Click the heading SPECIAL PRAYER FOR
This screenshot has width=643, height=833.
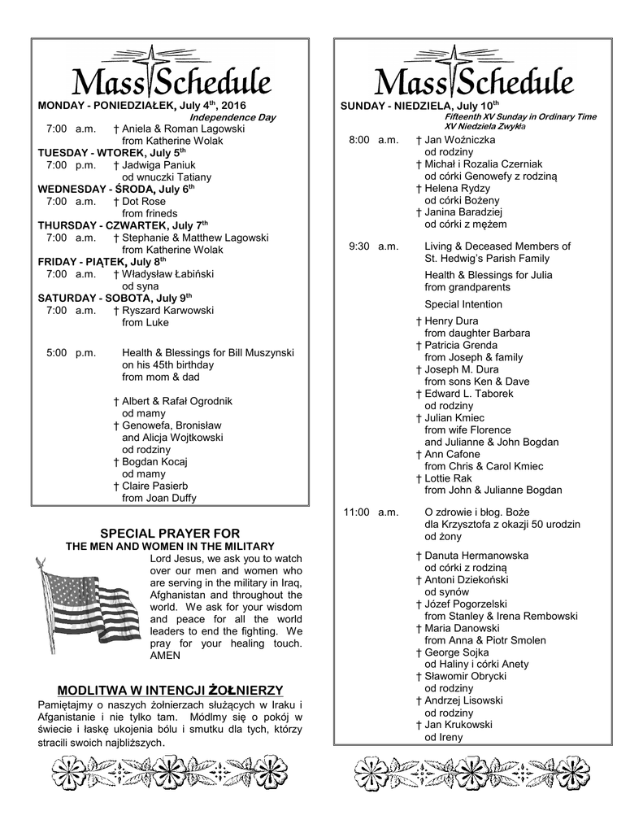pyautogui.click(x=170, y=533)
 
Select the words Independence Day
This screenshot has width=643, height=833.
pyautogui.click(x=232, y=117)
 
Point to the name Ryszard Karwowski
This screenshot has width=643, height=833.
pyautogui.click(x=167, y=310)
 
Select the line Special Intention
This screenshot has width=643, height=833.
pyautogui.click(x=463, y=304)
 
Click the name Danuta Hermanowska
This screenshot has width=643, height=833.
pyautogui.click(x=476, y=556)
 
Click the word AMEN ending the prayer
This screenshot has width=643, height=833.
pyautogui.click(x=164, y=655)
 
